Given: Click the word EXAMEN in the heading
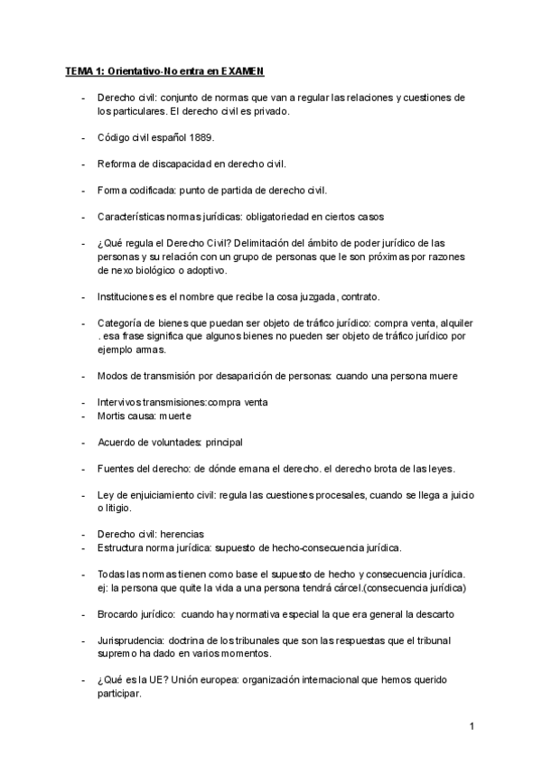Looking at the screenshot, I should click(242, 70).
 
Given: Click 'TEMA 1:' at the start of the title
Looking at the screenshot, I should click(85, 70).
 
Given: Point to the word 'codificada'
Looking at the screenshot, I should click(150, 191).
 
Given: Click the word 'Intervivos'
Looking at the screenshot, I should click(120, 402).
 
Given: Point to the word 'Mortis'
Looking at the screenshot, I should click(112, 416).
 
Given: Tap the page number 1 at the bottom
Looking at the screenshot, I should click(472, 726).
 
